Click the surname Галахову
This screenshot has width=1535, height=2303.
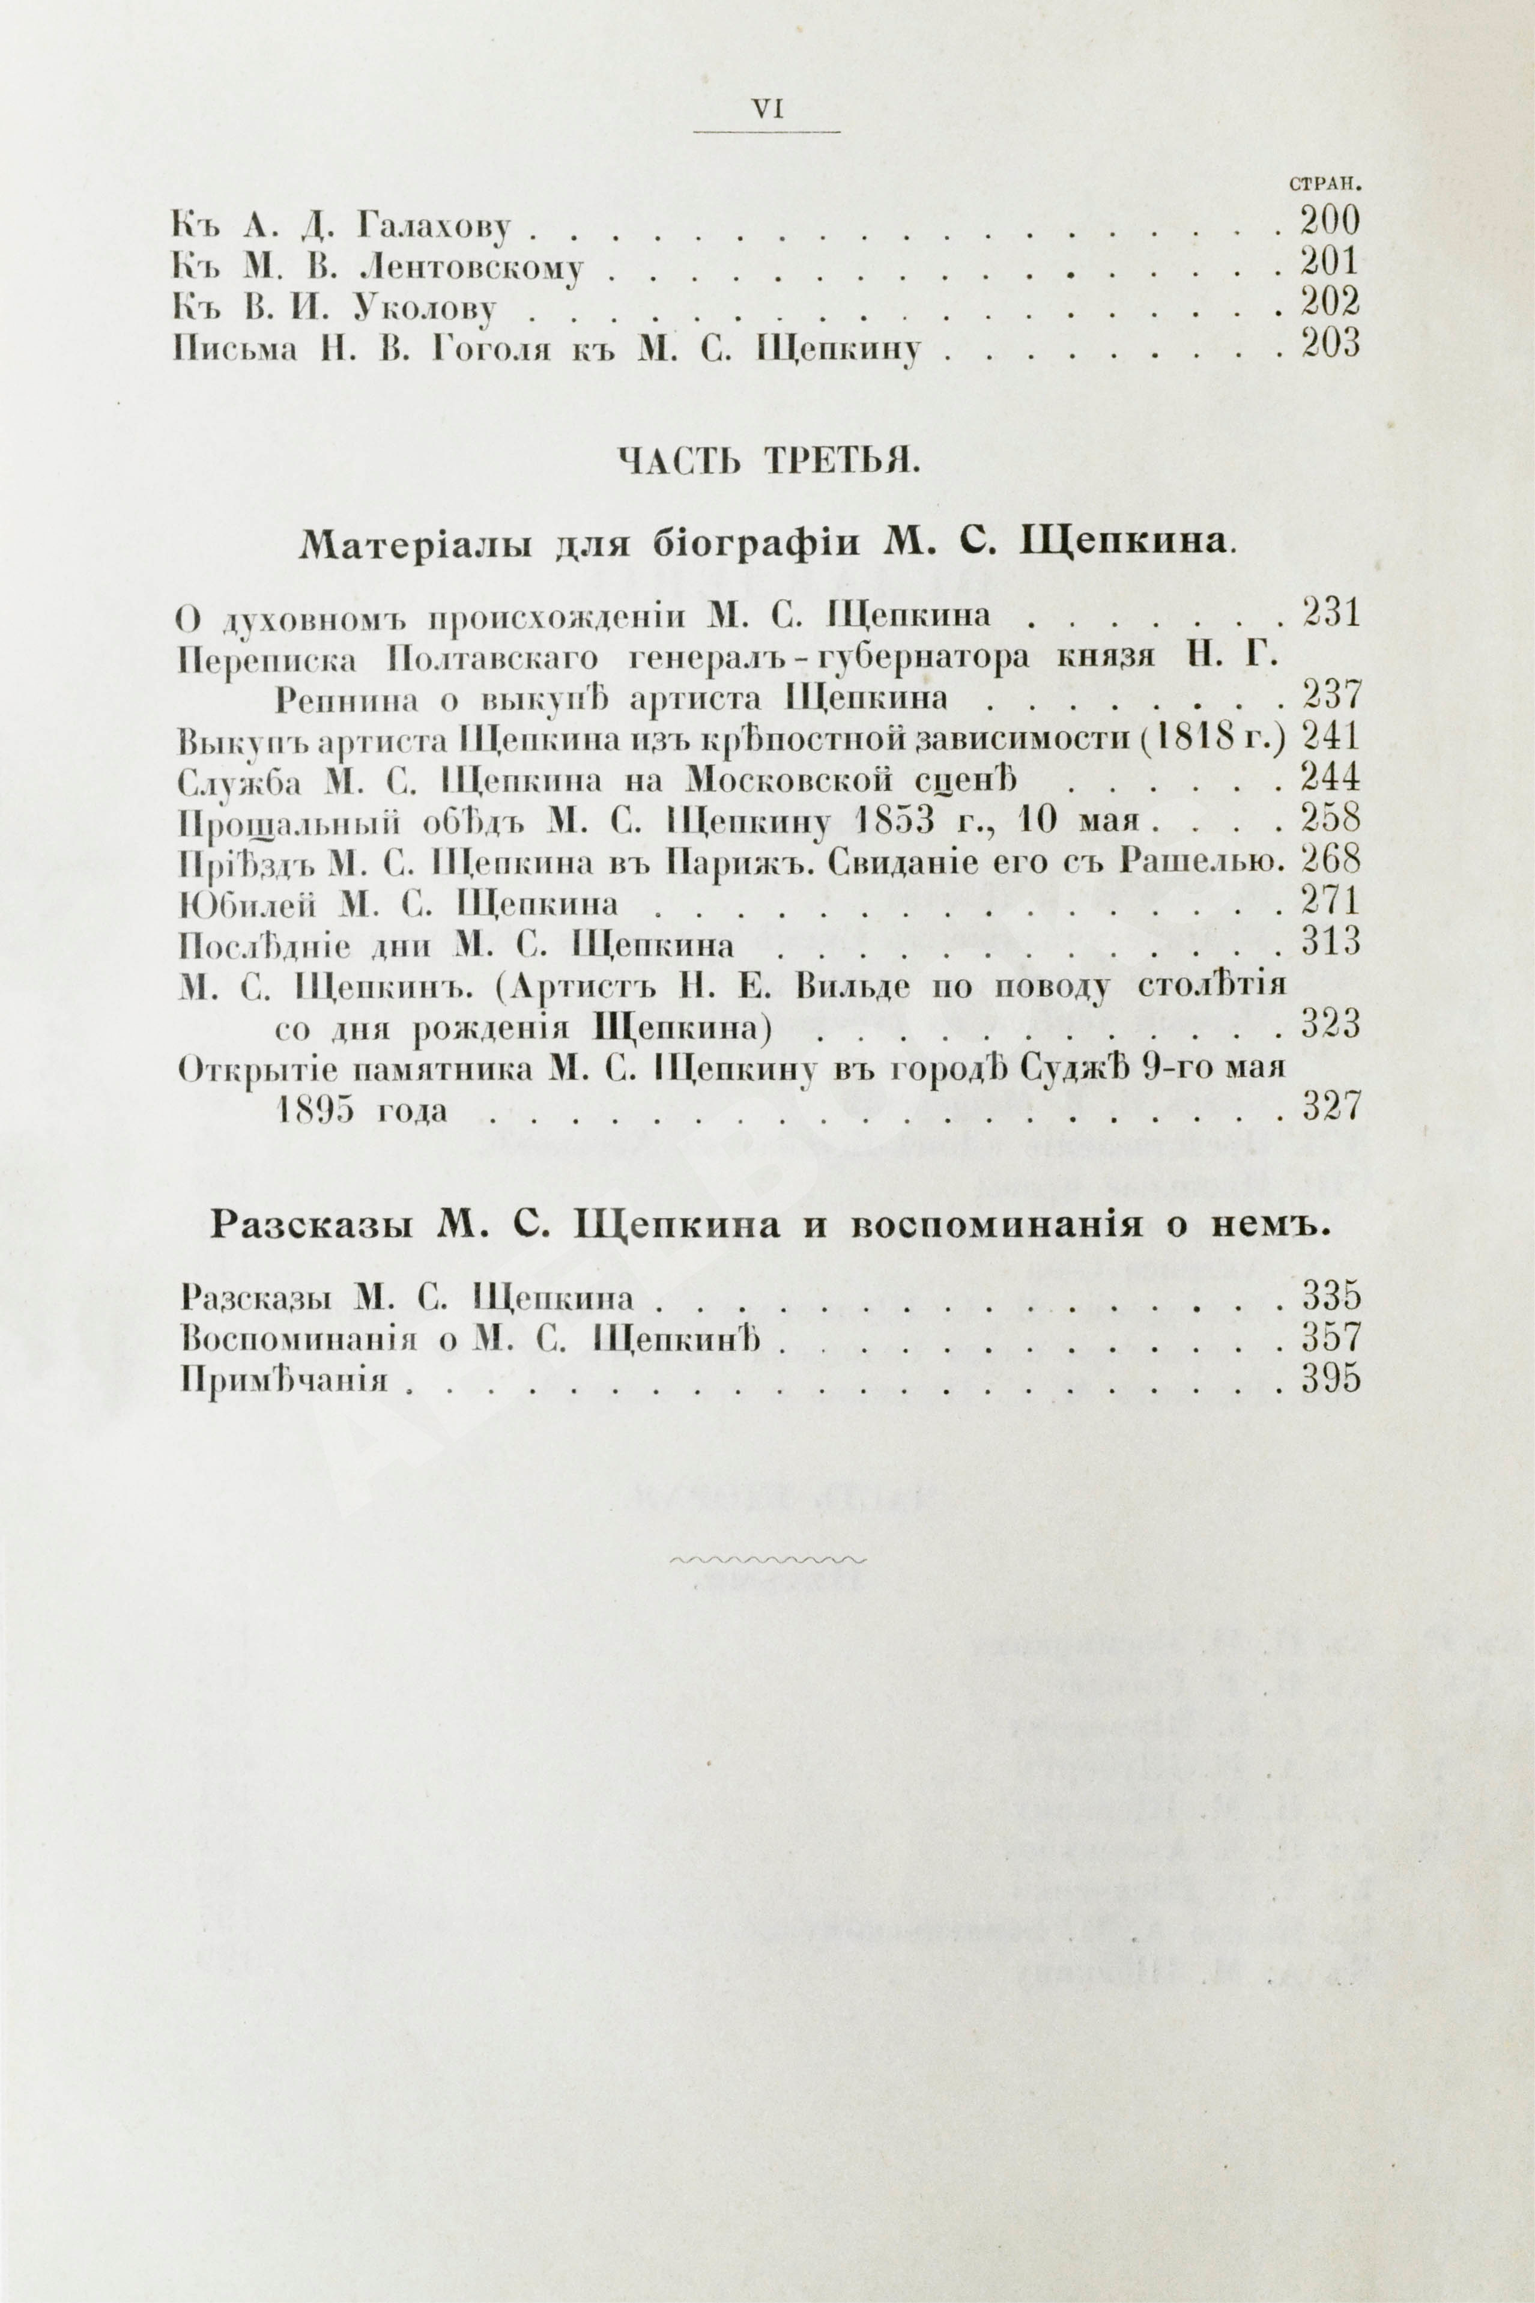434,228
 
